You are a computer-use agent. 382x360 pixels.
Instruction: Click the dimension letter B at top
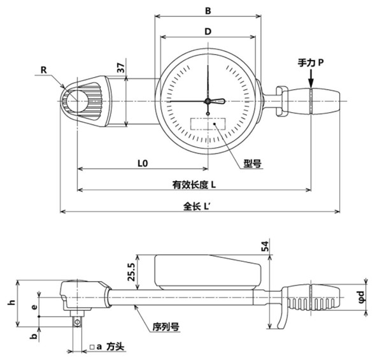206,11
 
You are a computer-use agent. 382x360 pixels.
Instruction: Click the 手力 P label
312,63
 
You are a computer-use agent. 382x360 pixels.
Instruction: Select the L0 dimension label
143,163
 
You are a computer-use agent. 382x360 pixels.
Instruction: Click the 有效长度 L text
195,184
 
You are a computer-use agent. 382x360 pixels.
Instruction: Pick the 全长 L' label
197,206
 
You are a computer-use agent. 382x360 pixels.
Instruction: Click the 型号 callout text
253,163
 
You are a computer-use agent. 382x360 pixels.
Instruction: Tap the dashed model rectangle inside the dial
208,125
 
